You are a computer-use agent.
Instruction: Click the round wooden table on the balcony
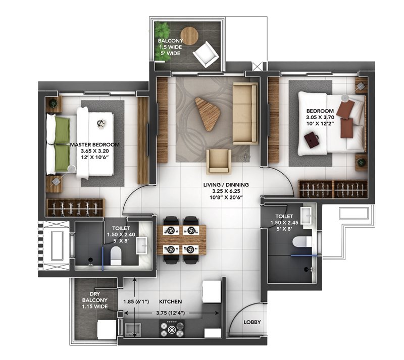coord(189,36)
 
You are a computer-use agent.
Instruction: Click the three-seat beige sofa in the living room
coord(245,114)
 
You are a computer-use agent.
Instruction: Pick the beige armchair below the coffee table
coord(219,161)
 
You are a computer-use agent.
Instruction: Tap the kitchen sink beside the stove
coord(133,330)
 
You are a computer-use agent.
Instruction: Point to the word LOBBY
coord(252,322)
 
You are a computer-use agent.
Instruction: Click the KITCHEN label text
coord(170,301)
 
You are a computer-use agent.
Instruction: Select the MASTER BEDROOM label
coord(94,145)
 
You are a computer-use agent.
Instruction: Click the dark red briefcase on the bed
coord(311,140)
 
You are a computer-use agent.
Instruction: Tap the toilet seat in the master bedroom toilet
coord(116,255)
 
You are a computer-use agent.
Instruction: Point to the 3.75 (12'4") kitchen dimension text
coord(171,313)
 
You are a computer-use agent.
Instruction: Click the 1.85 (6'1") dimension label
coord(136,301)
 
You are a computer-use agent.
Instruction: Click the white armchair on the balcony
coord(206,55)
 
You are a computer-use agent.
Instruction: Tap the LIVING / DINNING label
coord(226,185)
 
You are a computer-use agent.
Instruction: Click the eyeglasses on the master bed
coord(100,123)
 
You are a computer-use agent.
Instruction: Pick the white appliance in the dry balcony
coord(106,329)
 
